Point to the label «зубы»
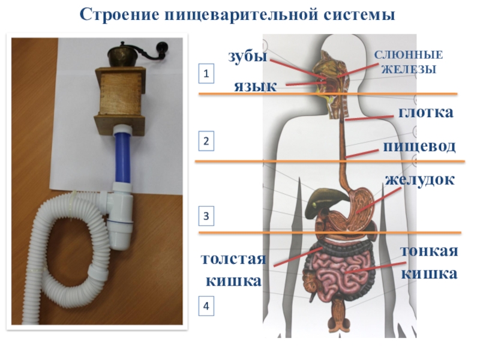click(x=247, y=56)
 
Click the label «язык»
click(x=255, y=86)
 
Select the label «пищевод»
click(x=420, y=146)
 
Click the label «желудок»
click(x=420, y=179)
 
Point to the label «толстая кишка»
click(x=233, y=270)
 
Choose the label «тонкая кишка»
click(x=429, y=263)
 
